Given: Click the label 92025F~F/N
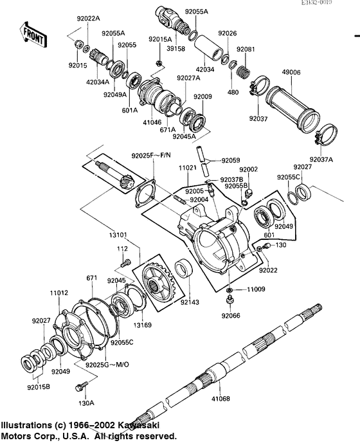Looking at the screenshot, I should click(152, 155).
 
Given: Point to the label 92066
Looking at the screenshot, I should click(230, 316).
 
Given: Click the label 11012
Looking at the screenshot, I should click(59, 293).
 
